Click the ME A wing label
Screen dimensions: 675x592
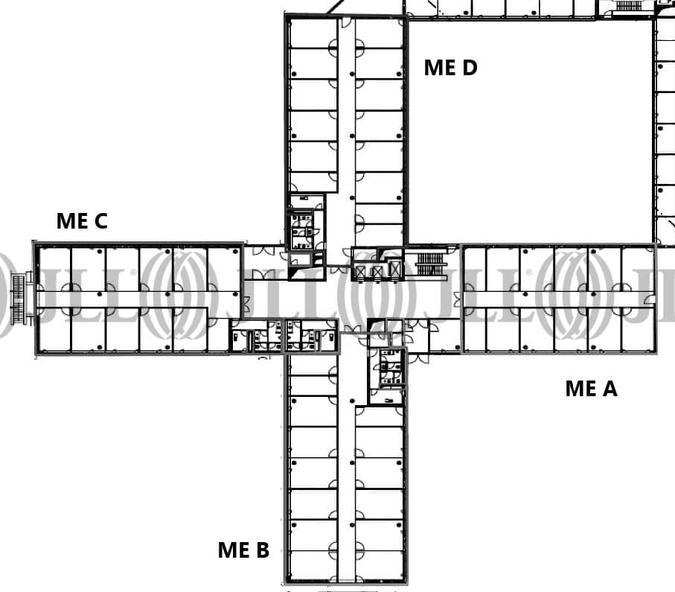point(591,388)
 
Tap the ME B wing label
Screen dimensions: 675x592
point(243,550)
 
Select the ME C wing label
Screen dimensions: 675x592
point(82,221)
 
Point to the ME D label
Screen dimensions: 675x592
point(450,68)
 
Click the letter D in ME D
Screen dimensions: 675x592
point(469,68)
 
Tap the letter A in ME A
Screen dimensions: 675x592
point(610,388)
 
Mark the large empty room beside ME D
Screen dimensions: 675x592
point(530,130)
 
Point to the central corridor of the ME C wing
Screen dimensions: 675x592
point(138,299)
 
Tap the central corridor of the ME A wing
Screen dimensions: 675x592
point(558,299)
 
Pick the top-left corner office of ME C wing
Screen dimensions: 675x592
point(54,267)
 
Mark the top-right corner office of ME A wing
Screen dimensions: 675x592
point(638,267)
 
